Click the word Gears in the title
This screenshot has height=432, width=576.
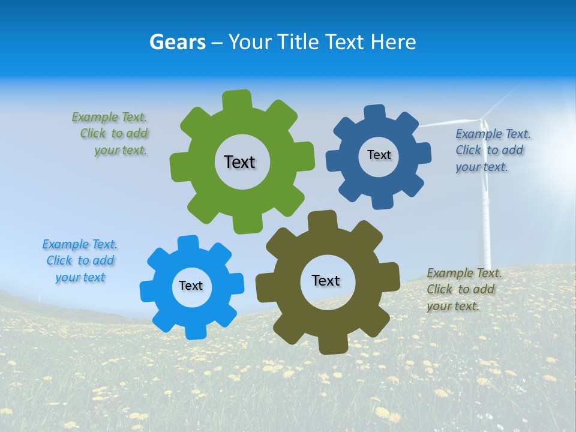(x=177, y=42)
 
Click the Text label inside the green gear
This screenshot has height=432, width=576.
(x=239, y=162)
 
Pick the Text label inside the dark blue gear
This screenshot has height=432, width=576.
(x=379, y=155)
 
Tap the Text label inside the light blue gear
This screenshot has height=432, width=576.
(x=191, y=286)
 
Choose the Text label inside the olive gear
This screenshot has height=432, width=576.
(x=326, y=280)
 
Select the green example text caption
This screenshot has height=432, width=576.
(x=111, y=133)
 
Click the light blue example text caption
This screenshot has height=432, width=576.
(x=80, y=260)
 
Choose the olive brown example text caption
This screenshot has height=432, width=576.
(x=463, y=289)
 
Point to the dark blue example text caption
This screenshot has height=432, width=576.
(x=492, y=150)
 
